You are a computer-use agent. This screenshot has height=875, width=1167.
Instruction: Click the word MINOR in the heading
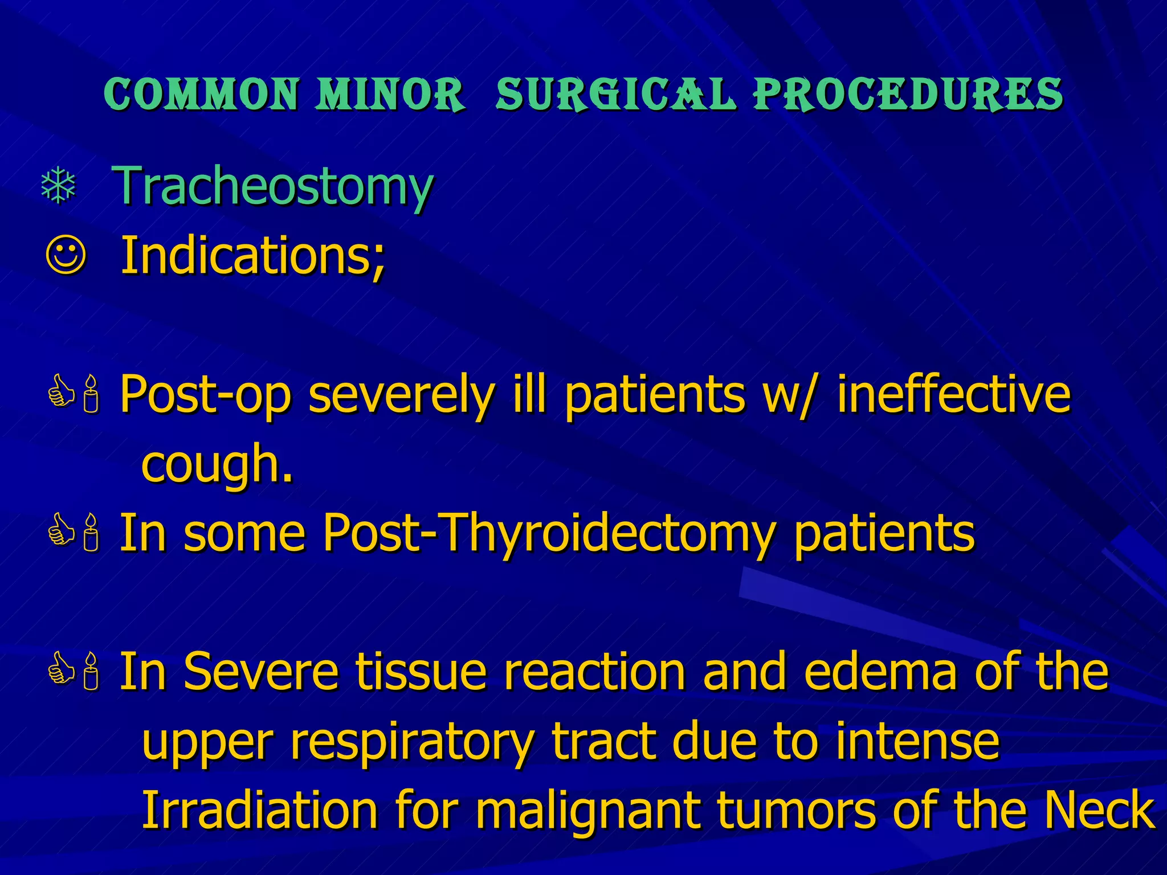[x=390, y=94]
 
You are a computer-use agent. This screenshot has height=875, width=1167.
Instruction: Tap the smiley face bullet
[x=66, y=256]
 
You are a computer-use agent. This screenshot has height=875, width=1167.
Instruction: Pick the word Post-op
[x=205, y=395]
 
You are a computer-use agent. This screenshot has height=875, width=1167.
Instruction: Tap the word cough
[x=217, y=464]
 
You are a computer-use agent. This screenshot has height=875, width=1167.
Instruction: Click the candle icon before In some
[x=91, y=533]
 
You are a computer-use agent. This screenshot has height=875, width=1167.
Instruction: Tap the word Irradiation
[x=259, y=810]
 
